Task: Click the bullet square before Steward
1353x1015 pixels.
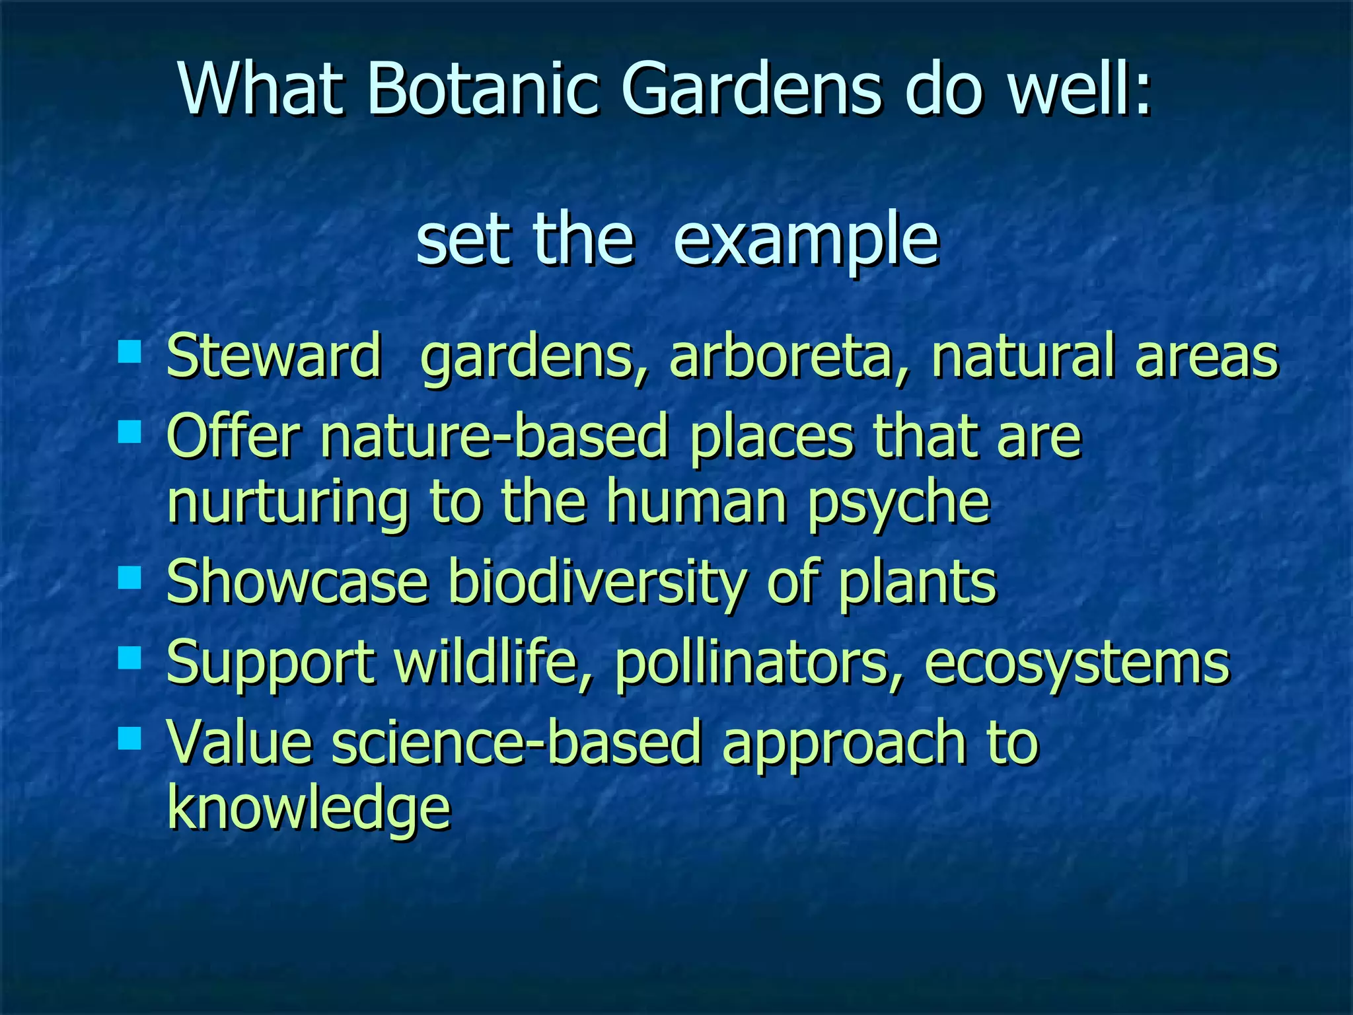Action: pyautogui.click(x=129, y=352)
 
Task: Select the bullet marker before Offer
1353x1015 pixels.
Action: pyautogui.click(x=129, y=433)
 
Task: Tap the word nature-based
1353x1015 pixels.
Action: pyautogui.click(x=494, y=436)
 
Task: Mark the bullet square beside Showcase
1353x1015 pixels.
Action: pyautogui.click(x=129, y=578)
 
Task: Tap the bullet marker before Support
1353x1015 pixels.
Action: pyautogui.click(x=129, y=659)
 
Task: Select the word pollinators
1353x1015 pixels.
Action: pyautogui.click(x=758, y=663)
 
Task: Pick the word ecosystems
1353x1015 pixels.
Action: pyautogui.click(x=1077, y=663)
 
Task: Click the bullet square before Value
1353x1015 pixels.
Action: pyautogui.click(x=129, y=738)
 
